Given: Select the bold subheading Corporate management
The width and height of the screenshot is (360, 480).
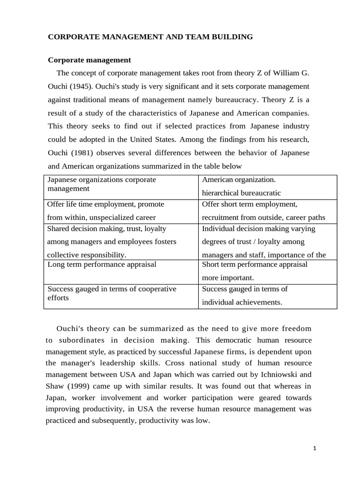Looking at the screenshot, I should pos(90,60).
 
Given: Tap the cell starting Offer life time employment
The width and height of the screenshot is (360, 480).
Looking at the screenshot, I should pos(121,211).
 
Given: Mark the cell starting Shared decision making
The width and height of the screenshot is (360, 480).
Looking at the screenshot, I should pos(121,241).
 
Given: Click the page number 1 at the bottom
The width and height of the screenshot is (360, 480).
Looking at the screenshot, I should pos(315,448).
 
